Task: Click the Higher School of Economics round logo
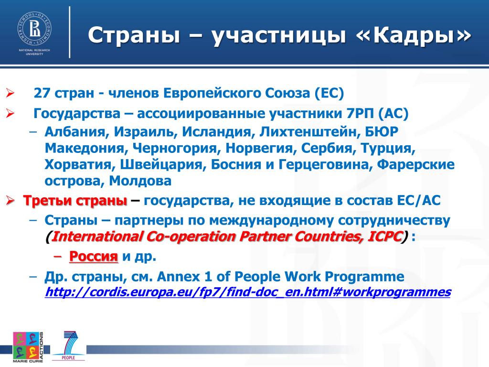pos(34,29)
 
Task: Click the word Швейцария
pos(163,164)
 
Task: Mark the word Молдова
pos(140,181)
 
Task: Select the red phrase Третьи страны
pos(75,200)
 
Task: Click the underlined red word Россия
pos(94,256)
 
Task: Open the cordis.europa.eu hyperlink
pos(248,292)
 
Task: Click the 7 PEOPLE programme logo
pos(69,345)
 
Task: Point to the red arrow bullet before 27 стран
pos(10,93)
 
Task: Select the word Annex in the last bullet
pos(179,277)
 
